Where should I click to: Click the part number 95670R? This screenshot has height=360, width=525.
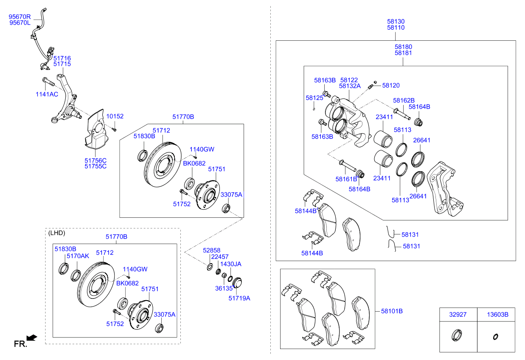[20, 17]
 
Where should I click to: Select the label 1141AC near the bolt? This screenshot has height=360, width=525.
[47, 94]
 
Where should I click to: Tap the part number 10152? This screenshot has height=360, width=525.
[115, 116]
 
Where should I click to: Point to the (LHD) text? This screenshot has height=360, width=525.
[57, 233]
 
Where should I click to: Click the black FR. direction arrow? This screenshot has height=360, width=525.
[32, 338]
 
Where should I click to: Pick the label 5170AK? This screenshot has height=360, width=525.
[78, 256]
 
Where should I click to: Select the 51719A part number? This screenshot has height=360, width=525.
[239, 298]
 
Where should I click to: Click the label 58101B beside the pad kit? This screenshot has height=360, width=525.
[392, 311]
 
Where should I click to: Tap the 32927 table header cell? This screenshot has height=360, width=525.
[458, 315]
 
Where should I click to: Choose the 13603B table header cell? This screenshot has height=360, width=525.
[496, 315]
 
